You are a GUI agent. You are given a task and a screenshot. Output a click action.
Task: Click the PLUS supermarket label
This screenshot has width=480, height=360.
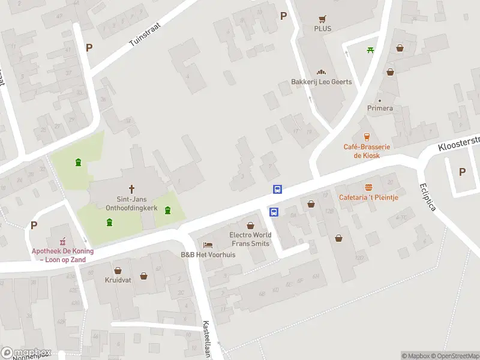322,28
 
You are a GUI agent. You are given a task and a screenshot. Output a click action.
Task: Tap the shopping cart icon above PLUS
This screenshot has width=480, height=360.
322,18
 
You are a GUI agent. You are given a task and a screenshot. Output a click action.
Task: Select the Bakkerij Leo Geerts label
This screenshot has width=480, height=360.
321,82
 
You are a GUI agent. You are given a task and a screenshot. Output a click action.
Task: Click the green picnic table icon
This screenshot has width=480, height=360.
370,50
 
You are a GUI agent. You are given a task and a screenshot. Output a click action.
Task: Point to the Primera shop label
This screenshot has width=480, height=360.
380,108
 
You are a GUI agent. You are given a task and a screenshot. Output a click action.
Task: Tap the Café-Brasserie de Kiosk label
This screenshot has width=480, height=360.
367,151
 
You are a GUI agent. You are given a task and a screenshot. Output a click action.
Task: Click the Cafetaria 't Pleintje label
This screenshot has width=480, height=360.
368,197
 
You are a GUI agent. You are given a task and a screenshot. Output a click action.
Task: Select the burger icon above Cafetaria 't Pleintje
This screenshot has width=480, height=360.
368,187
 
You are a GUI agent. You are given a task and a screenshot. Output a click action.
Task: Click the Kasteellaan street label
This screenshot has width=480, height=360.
206,338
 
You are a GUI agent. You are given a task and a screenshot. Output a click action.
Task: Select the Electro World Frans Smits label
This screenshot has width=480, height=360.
250,239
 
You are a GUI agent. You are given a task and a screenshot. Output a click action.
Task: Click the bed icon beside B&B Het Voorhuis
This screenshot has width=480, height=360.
208,245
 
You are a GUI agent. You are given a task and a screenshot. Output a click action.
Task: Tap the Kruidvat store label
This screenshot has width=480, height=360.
118,280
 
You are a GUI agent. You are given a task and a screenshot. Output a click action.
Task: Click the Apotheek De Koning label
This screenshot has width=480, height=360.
58,256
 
